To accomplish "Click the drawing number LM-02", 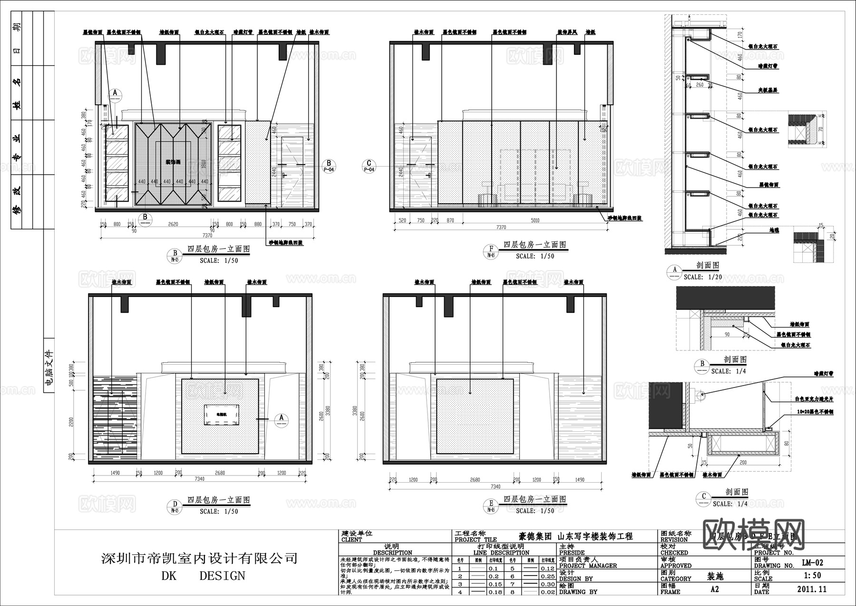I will (812, 562).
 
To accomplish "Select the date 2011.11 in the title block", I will (812, 589).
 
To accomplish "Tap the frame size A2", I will (714, 589).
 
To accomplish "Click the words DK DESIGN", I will (203, 576).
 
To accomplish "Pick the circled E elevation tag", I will (491, 504).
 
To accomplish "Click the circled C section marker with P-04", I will (369, 166).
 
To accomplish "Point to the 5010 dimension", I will (535, 220).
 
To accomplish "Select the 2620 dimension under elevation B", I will (173, 224).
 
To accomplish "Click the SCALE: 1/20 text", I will (702, 277).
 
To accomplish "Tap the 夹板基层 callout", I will (768, 90).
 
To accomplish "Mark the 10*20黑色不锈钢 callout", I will (815, 412).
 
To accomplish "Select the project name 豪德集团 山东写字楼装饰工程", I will (575, 536).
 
